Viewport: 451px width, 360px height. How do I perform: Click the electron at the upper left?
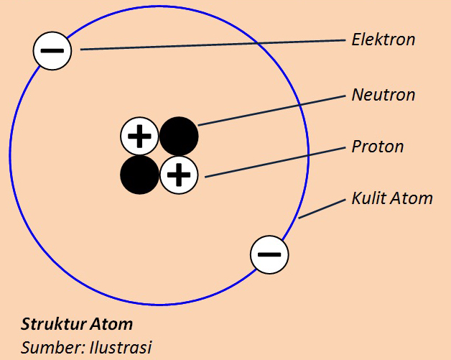(52, 51)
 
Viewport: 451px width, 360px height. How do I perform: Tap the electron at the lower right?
(269, 254)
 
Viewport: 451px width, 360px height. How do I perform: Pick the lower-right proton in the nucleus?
(179, 175)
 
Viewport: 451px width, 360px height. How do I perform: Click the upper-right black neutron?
(179, 135)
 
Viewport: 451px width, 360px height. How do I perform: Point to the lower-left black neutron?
(139, 175)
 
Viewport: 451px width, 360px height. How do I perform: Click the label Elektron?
(383, 40)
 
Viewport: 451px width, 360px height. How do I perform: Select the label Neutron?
(383, 95)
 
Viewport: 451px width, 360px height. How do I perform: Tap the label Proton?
(377, 147)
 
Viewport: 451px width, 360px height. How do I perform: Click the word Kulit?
(368, 198)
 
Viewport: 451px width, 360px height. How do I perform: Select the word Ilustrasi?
(121, 348)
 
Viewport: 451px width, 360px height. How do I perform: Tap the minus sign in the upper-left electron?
(52, 51)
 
